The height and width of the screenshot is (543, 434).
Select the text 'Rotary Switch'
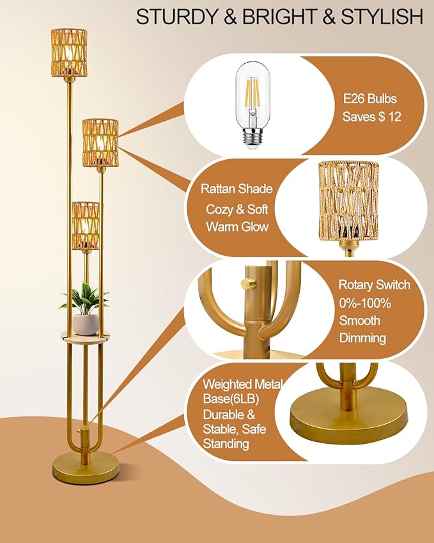click(x=374, y=285)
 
